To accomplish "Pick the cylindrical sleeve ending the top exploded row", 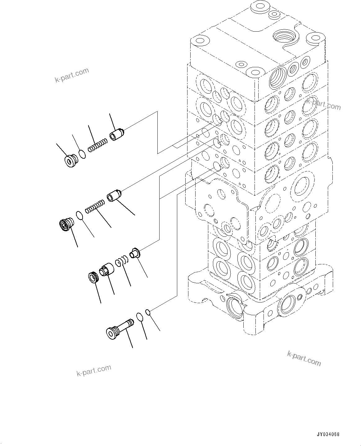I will [117, 135].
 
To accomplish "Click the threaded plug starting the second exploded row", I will [66, 224].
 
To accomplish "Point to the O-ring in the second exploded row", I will [79, 215].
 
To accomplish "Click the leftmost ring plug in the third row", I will [93, 276].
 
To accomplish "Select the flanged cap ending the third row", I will [136, 253].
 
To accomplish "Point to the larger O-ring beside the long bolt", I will [140, 317].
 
